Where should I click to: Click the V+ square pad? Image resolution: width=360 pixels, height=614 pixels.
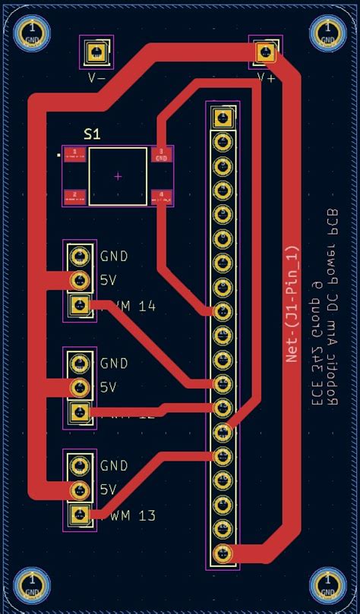click(265, 52)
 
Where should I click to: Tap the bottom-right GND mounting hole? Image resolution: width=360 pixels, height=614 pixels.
click(328, 584)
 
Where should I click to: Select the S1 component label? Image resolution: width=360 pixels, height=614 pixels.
click(92, 134)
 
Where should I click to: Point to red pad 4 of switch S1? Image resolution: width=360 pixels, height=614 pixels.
click(161, 197)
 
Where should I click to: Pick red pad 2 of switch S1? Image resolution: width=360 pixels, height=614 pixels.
click(74, 197)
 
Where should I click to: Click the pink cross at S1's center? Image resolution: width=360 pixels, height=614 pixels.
click(118, 176)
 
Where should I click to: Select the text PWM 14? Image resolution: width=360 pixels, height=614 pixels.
click(130, 307)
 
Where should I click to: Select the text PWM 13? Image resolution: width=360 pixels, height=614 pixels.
click(130, 516)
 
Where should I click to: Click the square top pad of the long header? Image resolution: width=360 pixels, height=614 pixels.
click(223, 118)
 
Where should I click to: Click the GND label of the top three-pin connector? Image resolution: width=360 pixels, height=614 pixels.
click(114, 257)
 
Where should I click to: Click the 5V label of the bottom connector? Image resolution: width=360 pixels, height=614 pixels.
click(108, 490)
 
